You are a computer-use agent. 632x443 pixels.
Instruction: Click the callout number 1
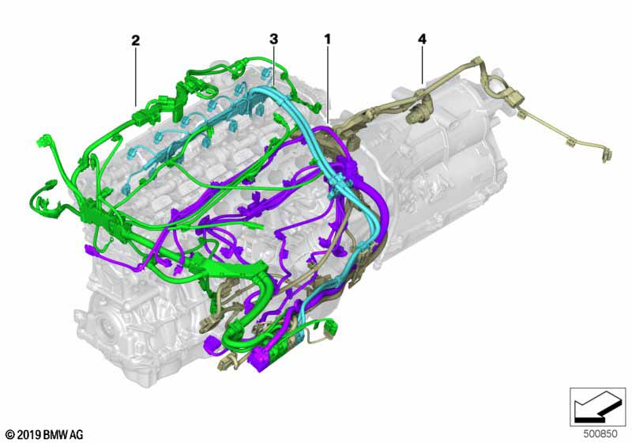click(x=327, y=39)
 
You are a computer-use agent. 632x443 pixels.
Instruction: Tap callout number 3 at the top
click(x=273, y=39)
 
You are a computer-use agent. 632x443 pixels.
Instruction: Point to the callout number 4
click(x=422, y=39)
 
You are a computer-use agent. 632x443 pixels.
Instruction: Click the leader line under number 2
click(x=136, y=77)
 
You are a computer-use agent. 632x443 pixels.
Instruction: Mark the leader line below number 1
click(x=328, y=85)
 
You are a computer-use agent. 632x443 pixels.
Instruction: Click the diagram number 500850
click(x=600, y=434)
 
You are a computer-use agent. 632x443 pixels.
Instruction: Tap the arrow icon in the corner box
click(x=596, y=407)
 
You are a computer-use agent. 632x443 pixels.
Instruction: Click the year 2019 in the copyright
click(x=28, y=435)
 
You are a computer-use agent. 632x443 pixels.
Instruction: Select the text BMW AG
click(x=62, y=435)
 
